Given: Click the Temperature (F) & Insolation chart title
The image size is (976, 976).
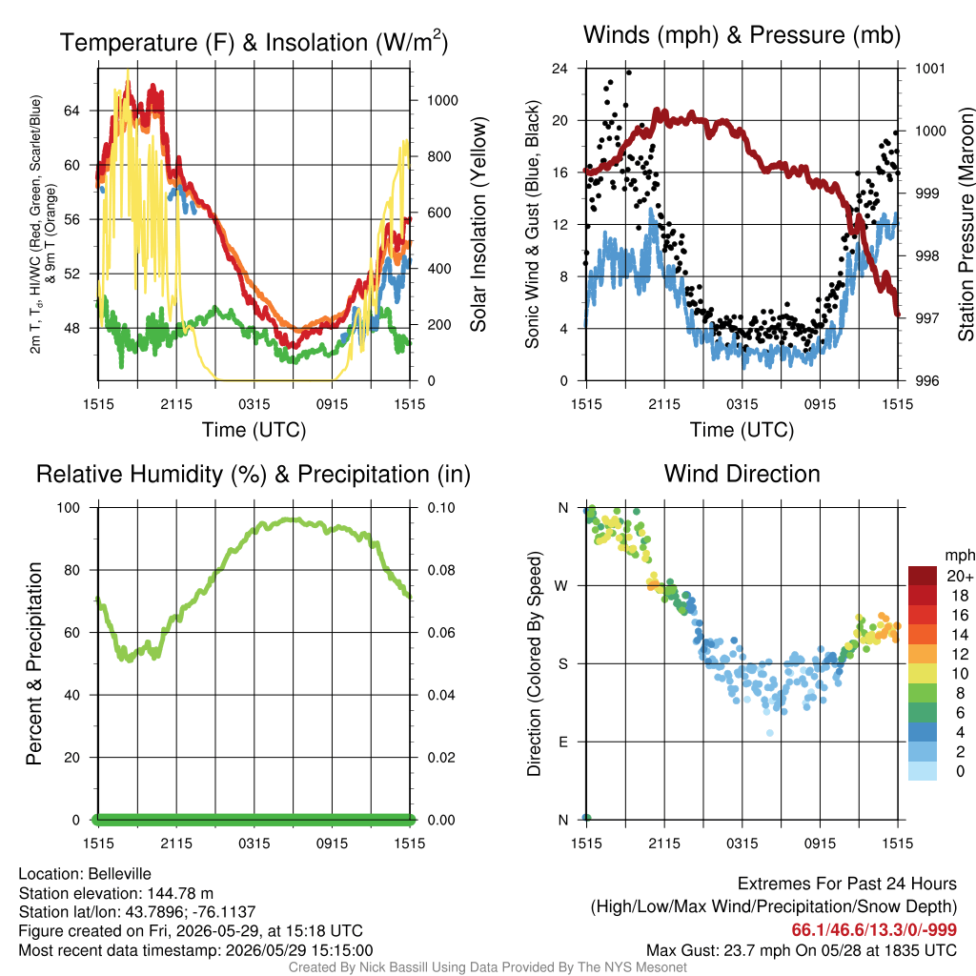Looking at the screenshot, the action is tap(254, 42).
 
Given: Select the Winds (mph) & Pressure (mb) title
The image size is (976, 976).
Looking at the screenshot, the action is tap(742, 35).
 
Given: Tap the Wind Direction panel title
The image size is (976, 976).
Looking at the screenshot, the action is tap(742, 474).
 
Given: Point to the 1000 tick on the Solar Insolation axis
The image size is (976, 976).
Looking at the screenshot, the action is tap(442, 101).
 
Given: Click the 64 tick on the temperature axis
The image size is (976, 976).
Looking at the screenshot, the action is tap(71, 111).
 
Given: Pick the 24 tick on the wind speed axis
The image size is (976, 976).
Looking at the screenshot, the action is tap(559, 69).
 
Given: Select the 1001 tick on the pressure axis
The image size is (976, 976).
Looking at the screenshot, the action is tap(930, 69).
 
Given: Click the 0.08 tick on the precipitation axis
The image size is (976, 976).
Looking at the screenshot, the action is tap(441, 570).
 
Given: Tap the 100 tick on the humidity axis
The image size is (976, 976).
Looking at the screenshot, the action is tap(69, 508).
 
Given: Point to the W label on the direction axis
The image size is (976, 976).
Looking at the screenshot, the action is tap(561, 586).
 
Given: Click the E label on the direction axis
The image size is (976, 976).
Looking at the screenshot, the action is tap(563, 742).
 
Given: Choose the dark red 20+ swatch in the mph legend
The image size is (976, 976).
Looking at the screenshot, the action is tap(923, 576).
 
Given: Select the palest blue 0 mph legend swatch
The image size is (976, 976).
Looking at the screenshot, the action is tap(923, 771).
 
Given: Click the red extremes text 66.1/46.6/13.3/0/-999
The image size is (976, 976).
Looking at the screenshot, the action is tap(874, 930).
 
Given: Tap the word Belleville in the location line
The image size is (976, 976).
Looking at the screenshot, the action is tap(119, 874).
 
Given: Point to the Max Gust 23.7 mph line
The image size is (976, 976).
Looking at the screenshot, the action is tap(801, 950).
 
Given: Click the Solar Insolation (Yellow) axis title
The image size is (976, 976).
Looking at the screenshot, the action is tap(478, 224).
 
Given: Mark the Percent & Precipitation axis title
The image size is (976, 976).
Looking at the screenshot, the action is tap(34, 663).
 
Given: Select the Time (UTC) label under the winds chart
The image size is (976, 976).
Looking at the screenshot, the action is tap(742, 430).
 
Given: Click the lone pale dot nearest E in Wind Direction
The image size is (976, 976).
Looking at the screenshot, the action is tap(770, 733).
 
